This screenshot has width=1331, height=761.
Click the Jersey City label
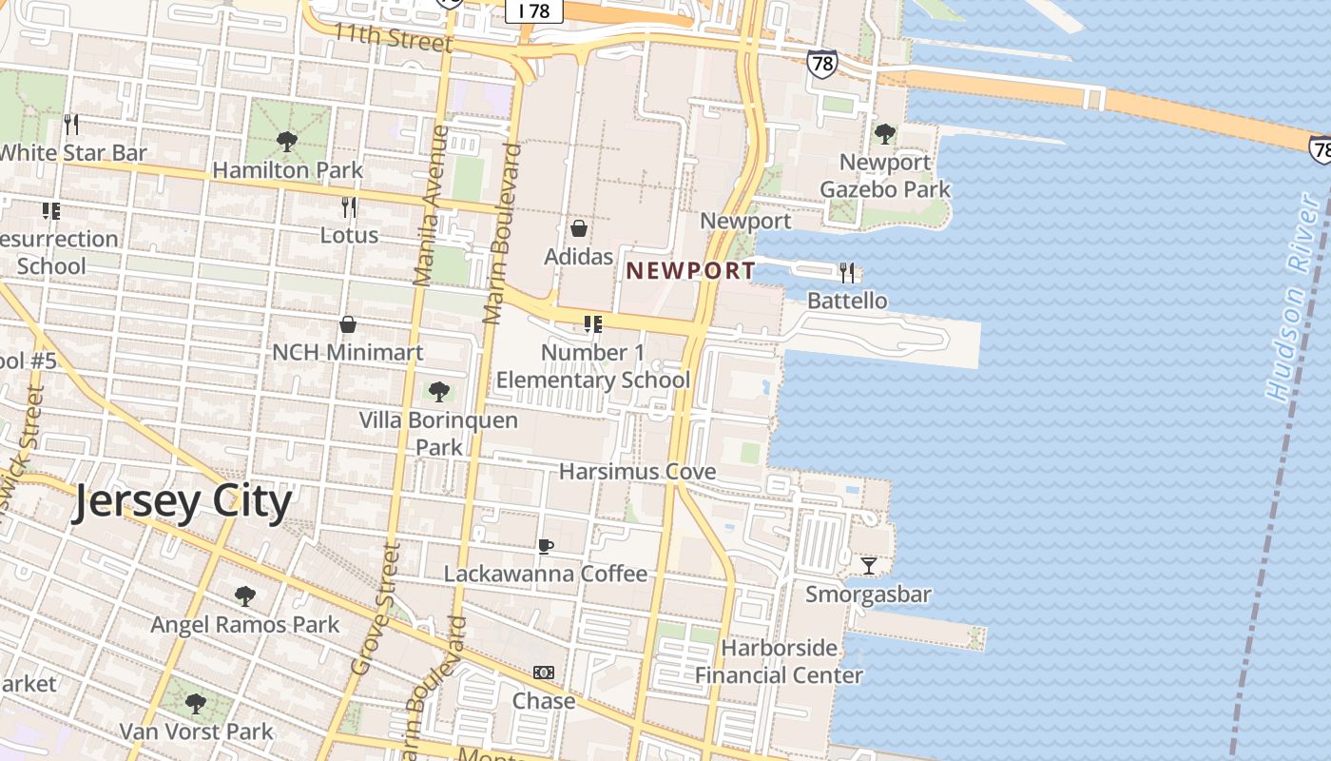(x=182, y=501)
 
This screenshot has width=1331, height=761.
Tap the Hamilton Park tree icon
(x=285, y=143)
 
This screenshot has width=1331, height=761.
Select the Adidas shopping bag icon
(x=578, y=228)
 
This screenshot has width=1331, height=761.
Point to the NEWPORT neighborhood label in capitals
(x=690, y=270)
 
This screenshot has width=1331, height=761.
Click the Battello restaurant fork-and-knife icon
(x=846, y=273)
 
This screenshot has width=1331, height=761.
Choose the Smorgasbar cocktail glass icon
(x=868, y=566)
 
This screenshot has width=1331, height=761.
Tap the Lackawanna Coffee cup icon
(x=545, y=546)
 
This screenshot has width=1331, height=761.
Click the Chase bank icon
(x=544, y=673)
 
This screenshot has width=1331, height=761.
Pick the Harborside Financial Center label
(x=780, y=662)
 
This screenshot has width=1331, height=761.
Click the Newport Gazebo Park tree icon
(x=884, y=134)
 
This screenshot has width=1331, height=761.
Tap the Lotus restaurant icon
(x=349, y=206)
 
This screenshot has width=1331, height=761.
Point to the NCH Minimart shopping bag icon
(x=348, y=324)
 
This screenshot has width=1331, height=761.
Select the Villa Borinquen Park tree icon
(x=438, y=391)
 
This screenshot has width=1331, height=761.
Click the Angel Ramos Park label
(x=245, y=625)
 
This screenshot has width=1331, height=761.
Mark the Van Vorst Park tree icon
(x=196, y=705)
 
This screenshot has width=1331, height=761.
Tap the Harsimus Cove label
(x=637, y=472)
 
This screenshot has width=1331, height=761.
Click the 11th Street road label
(x=392, y=39)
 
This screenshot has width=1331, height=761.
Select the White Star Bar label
(x=73, y=152)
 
